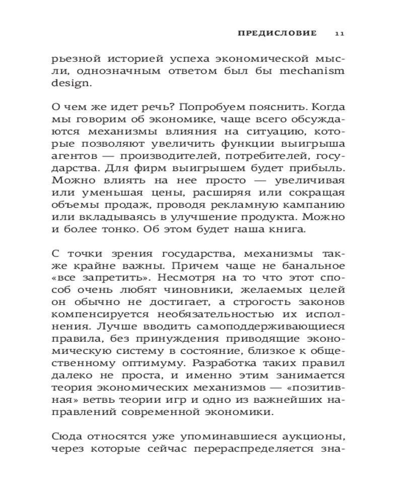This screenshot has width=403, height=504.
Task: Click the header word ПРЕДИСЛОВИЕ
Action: point(277,33)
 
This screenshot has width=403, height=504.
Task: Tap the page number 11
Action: point(339,33)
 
